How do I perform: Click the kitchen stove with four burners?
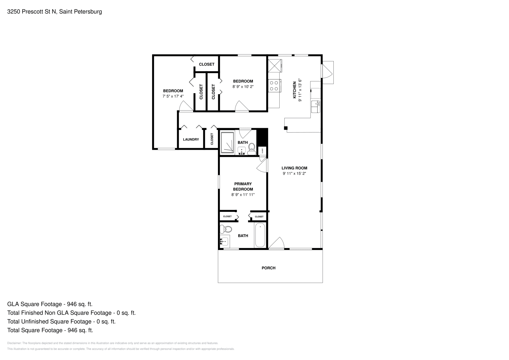coord(274,85)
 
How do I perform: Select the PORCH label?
coord(268,268)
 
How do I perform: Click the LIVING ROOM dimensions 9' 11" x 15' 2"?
coord(294,174)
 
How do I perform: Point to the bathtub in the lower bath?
coord(260,235)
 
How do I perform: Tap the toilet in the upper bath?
coord(252,148)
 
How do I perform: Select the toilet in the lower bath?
coord(227,229)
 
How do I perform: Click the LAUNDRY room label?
coord(191,139)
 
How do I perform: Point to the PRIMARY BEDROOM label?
coord(243,186)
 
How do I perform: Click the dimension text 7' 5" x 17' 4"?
coord(173,96)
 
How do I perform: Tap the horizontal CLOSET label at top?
coord(206,64)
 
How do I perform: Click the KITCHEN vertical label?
coord(295,90)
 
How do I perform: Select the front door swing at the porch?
coord(276,243)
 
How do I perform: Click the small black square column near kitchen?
coord(286,128)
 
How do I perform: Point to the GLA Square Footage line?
coord(50,304)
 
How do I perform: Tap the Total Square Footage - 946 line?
coord(50,330)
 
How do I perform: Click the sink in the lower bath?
coord(224,242)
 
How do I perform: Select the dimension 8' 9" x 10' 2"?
coord(243,87)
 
